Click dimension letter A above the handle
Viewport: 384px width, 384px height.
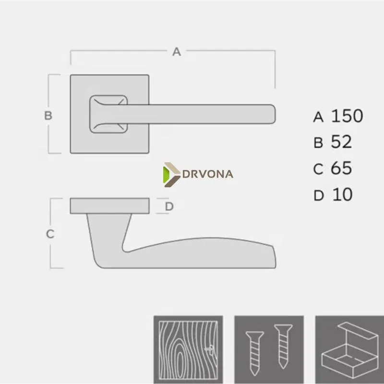tap(177, 52)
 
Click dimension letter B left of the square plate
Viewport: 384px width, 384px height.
tap(48, 115)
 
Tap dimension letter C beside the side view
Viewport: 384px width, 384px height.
tap(50, 234)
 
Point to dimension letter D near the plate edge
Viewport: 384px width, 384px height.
tap(169, 206)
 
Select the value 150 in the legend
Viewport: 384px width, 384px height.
tap(347, 116)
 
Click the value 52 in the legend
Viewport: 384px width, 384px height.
tap(341, 142)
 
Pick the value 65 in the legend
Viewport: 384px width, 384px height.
tap(341, 168)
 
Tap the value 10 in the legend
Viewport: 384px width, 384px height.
tap(342, 195)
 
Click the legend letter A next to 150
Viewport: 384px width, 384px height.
tap(318, 117)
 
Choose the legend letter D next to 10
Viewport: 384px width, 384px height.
tap(319, 196)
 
